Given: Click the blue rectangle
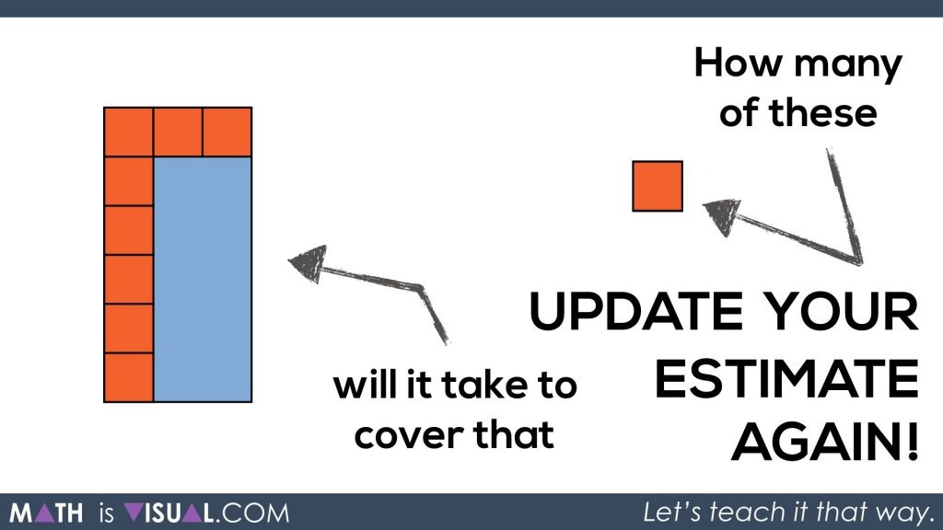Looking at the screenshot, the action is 203,280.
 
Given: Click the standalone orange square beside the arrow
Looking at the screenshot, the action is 658,186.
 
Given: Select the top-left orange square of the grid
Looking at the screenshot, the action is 129,132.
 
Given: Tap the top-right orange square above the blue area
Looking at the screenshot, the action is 227,132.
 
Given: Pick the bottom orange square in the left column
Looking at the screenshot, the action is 129,377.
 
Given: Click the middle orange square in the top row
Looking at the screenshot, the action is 178,132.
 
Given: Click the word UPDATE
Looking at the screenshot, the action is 636,311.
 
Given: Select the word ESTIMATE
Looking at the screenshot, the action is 786,378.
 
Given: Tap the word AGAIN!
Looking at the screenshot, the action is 825,443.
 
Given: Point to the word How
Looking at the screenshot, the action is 738,63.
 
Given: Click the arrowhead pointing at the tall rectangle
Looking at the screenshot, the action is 308,263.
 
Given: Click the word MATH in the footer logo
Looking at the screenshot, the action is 46,513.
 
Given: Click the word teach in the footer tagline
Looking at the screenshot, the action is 748,512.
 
